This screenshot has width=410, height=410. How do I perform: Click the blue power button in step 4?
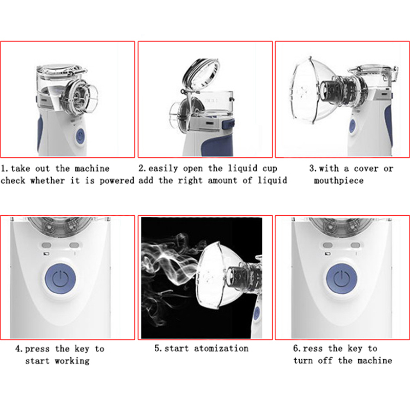[60, 279]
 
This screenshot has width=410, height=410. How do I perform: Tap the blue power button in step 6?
[342, 279]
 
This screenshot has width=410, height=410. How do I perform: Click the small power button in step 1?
[80, 136]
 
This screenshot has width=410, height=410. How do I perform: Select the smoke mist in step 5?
[170, 272]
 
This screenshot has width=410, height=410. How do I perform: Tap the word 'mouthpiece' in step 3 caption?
[339, 181]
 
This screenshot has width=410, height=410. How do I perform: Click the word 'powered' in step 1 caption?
[117, 181]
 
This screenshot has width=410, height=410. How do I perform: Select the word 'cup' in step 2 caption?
[270, 169]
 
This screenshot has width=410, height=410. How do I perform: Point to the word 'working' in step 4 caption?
[72, 361]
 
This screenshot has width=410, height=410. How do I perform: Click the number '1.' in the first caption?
[5, 169]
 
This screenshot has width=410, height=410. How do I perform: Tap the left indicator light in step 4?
[47, 245]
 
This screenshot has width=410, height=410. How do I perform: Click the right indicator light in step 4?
[74, 245]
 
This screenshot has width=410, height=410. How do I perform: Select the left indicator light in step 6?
[327, 245]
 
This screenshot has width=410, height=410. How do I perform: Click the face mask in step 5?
[212, 275]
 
